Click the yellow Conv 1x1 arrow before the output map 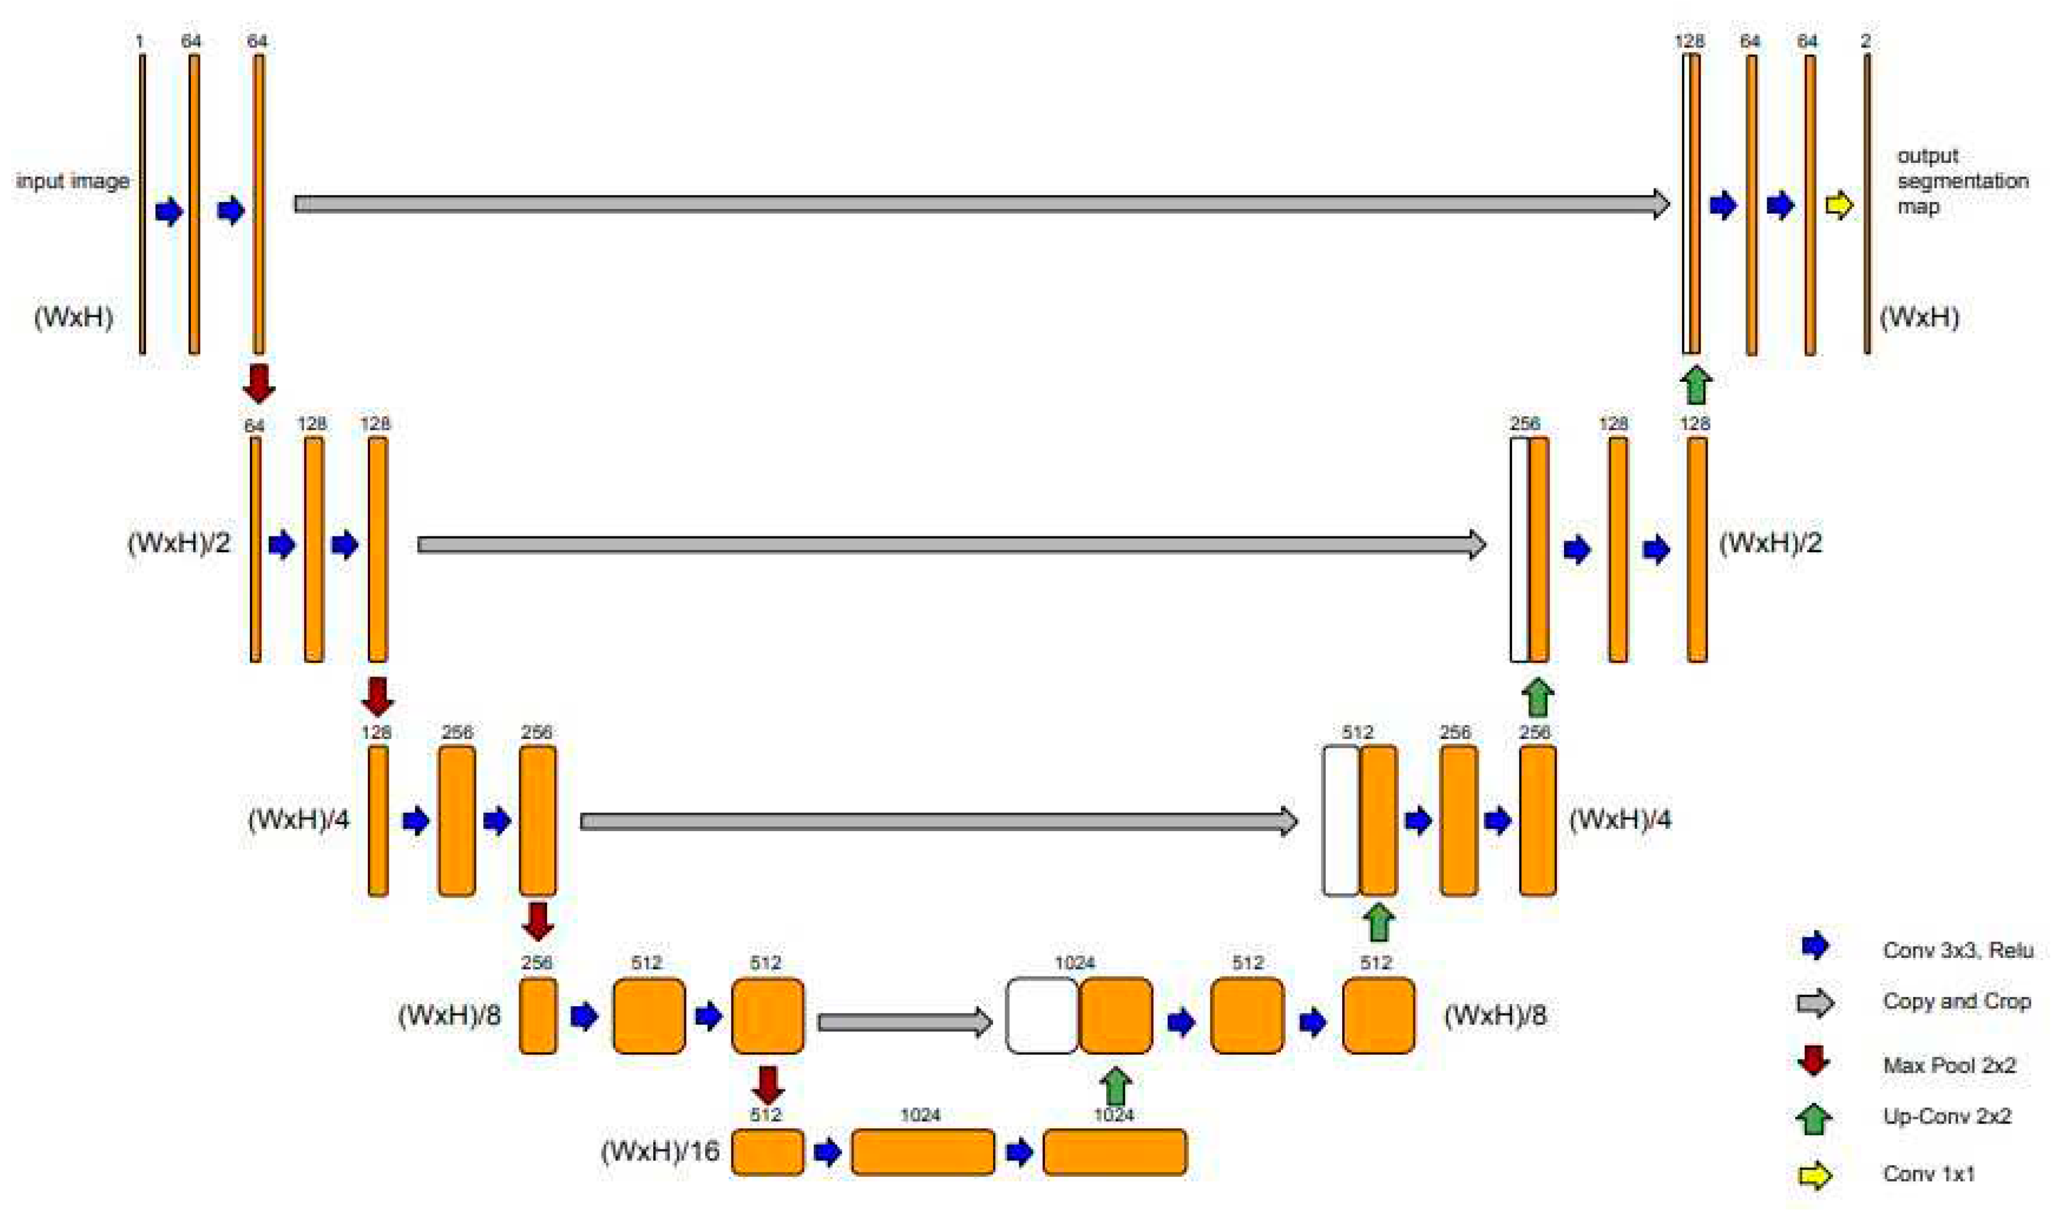tap(1838, 204)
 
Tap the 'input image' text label tap(73, 181)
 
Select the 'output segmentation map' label tap(1962, 181)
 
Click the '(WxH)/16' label tap(660, 1151)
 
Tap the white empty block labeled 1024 tap(1042, 1015)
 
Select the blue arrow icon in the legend tap(1815, 946)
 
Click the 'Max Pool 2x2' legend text tap(1949, 1065)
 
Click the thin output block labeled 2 tap(1866, 204)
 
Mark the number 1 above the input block tap(140, 41)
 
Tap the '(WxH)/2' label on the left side tap(179, 542)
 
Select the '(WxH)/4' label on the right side tap(1619, 819)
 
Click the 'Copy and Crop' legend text tap(1956, 1002)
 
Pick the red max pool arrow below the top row tap(259, 383)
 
